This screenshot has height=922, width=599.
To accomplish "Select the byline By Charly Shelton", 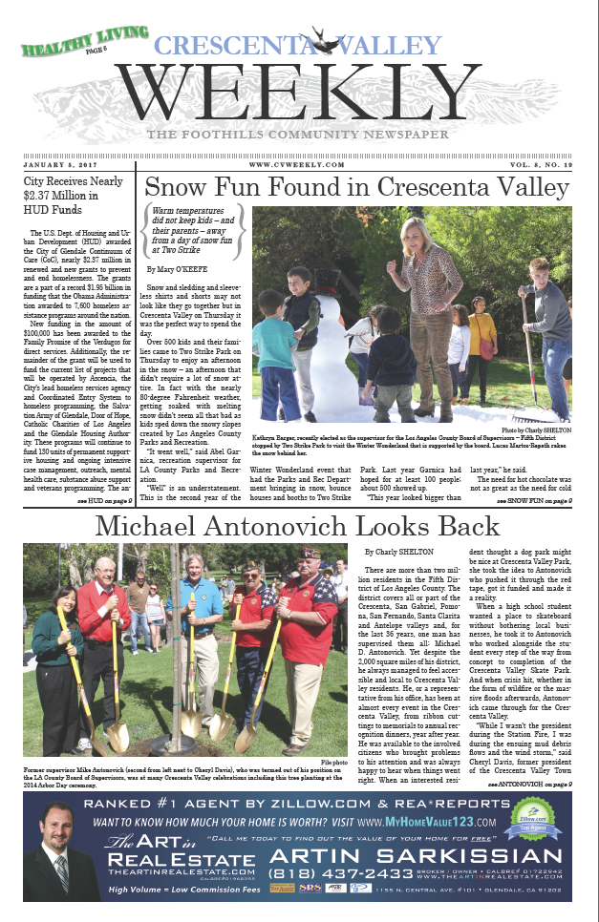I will tap(399, 552).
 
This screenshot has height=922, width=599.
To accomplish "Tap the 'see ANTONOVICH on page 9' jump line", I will tap(529, 783).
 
